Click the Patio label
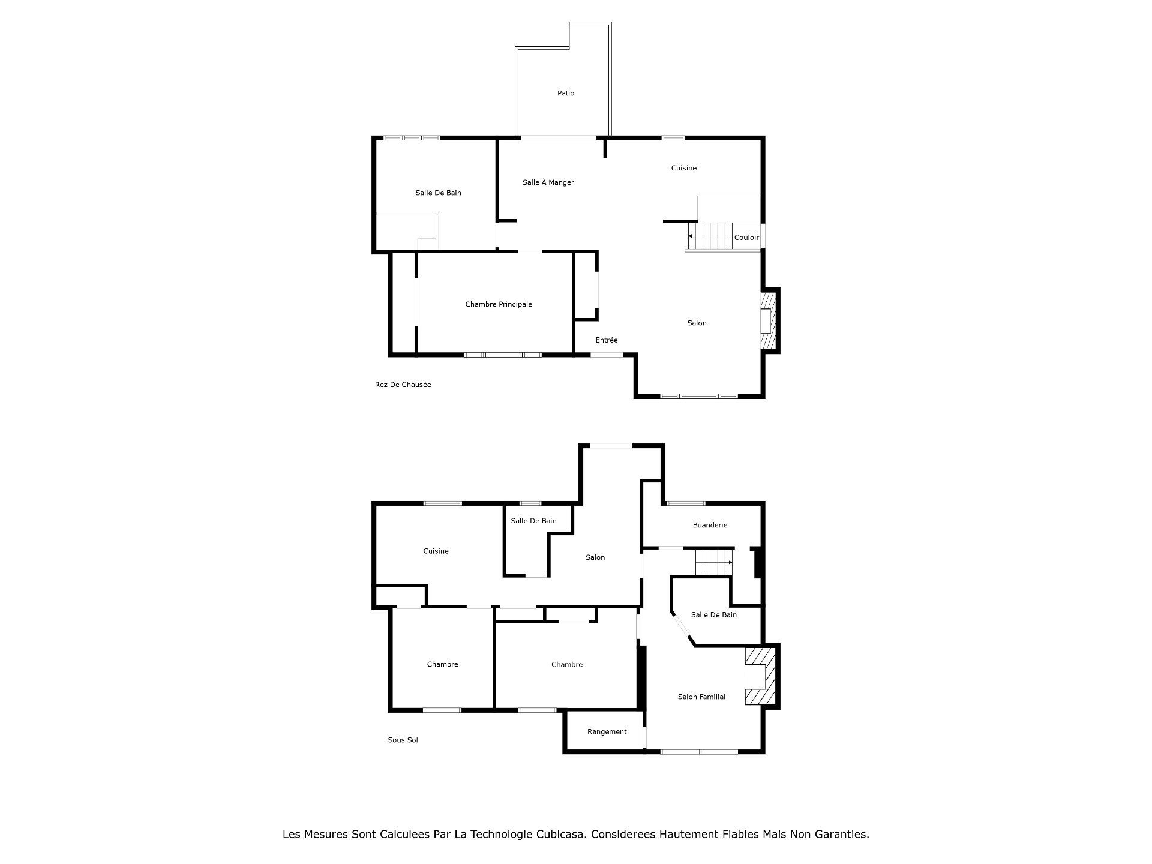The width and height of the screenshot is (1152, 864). click(566, 94)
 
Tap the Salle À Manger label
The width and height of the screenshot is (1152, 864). click(548, 182)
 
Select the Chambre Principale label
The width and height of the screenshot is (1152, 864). click(499, 305)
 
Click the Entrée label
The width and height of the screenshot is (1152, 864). click(606, 340)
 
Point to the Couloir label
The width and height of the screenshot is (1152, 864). click(746, 238)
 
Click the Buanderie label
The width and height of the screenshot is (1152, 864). click(710, 526)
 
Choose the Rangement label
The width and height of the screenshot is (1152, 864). click(607, 732)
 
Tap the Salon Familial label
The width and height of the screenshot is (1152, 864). click(701, 697)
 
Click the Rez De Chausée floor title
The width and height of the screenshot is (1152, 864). click(403, 385)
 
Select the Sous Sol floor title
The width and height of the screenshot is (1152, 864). click(403, 740)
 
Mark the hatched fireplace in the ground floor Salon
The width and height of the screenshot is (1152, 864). click(769, 320)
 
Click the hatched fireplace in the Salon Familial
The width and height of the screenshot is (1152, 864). click(760, 676)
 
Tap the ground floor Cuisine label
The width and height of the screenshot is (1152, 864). click(683, 169)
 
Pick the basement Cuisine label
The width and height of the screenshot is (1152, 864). click(436, 551)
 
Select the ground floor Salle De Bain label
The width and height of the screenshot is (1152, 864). click(438, 193)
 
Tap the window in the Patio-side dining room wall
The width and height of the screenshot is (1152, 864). click(559, 138)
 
